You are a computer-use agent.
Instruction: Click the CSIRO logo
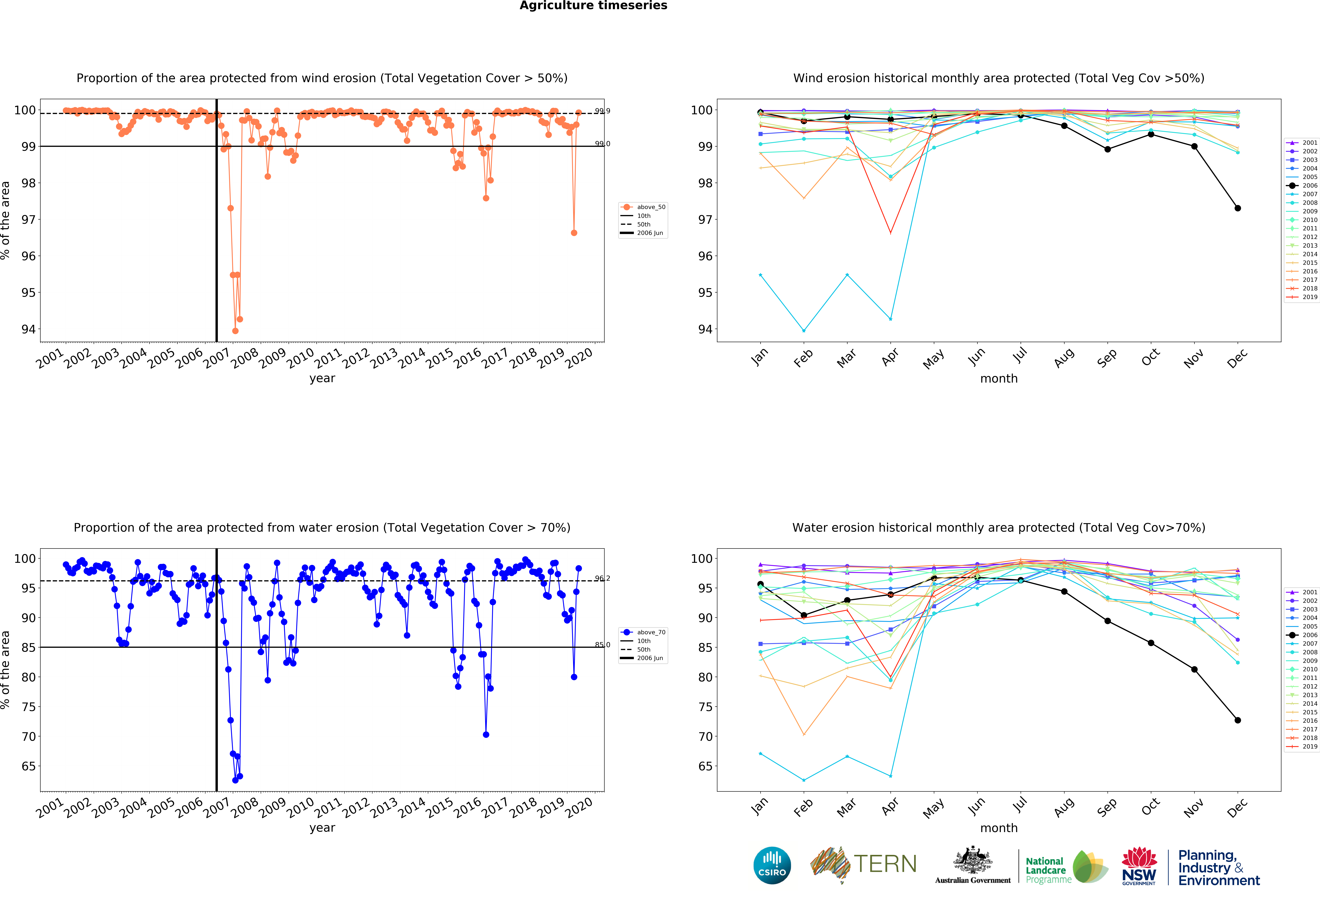pyautogui.click(x=772, y=865)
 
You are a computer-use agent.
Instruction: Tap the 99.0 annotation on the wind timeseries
pyautogui.click(x=602, y=144)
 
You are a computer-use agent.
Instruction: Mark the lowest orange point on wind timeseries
pyautogui.click(x=235, y=331)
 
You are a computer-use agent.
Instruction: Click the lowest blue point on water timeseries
pyautogui.click(x=235, y=780)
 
